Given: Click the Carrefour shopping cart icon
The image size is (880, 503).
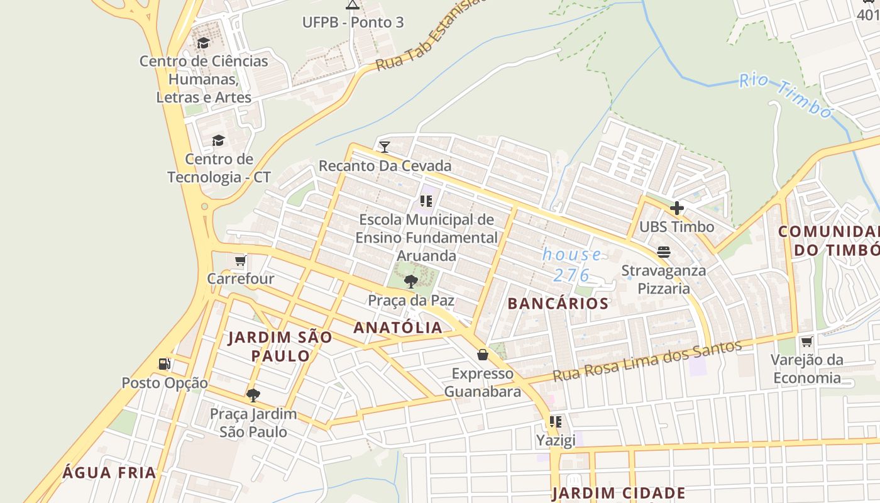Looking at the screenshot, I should pos(239,260).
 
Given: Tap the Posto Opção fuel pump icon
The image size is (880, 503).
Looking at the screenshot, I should pos(164,364).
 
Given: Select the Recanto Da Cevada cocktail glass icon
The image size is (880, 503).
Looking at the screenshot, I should pos(385,147).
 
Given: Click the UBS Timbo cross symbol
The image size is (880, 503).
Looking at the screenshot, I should pos(677,208).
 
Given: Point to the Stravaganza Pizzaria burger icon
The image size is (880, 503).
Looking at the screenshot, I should pos(664,253).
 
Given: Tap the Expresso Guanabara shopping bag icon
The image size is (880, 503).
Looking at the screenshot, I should pos(482,355).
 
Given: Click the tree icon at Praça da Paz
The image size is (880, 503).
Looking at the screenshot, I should pos(411,281).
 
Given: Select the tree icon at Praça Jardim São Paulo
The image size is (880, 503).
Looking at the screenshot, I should pos(253,395).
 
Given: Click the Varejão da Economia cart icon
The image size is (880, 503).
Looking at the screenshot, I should pos(806,341).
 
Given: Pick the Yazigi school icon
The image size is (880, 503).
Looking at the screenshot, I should pos(555,422).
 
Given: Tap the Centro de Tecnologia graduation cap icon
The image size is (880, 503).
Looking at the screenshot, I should pos(218,140).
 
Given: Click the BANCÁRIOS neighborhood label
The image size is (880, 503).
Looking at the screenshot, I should pos(558,304).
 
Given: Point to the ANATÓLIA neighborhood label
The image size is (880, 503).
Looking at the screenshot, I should pos(398,328).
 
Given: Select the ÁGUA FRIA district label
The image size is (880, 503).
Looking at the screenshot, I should pos(109,473).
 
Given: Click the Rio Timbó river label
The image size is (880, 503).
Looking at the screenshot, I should pos(785,96).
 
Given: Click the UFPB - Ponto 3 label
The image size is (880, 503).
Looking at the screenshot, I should pos(353,23).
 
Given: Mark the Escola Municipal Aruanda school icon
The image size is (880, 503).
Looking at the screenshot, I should pos(426,201).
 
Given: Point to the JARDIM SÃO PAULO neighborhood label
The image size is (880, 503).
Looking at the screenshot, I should pos(280,346).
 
